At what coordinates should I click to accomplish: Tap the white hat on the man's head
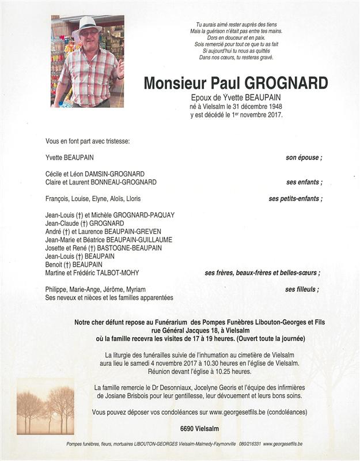pyautogui.click(x=89, y=24)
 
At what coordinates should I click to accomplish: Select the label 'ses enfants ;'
pyautogui.click(x=304, y=182)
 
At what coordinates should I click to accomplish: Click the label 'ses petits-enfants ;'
pyautogui.click(x=295, y=199)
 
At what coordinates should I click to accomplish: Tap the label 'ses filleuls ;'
pyautogui.click(x=302, y=289)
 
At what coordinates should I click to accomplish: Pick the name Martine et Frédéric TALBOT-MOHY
pyautogui.click(x=92, y=273)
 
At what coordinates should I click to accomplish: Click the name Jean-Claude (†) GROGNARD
pyautogui.click(x=85, y=223)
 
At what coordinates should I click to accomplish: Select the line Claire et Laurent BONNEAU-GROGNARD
pyautogui.click(x=101, y=182)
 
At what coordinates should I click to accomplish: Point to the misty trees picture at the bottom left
pyautogui.click(x=46, y=406)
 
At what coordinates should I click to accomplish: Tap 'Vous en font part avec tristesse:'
pyautogui.click(x=88, y=141)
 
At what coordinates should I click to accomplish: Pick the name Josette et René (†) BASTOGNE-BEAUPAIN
pyautogui.click(x=104, y=248)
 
